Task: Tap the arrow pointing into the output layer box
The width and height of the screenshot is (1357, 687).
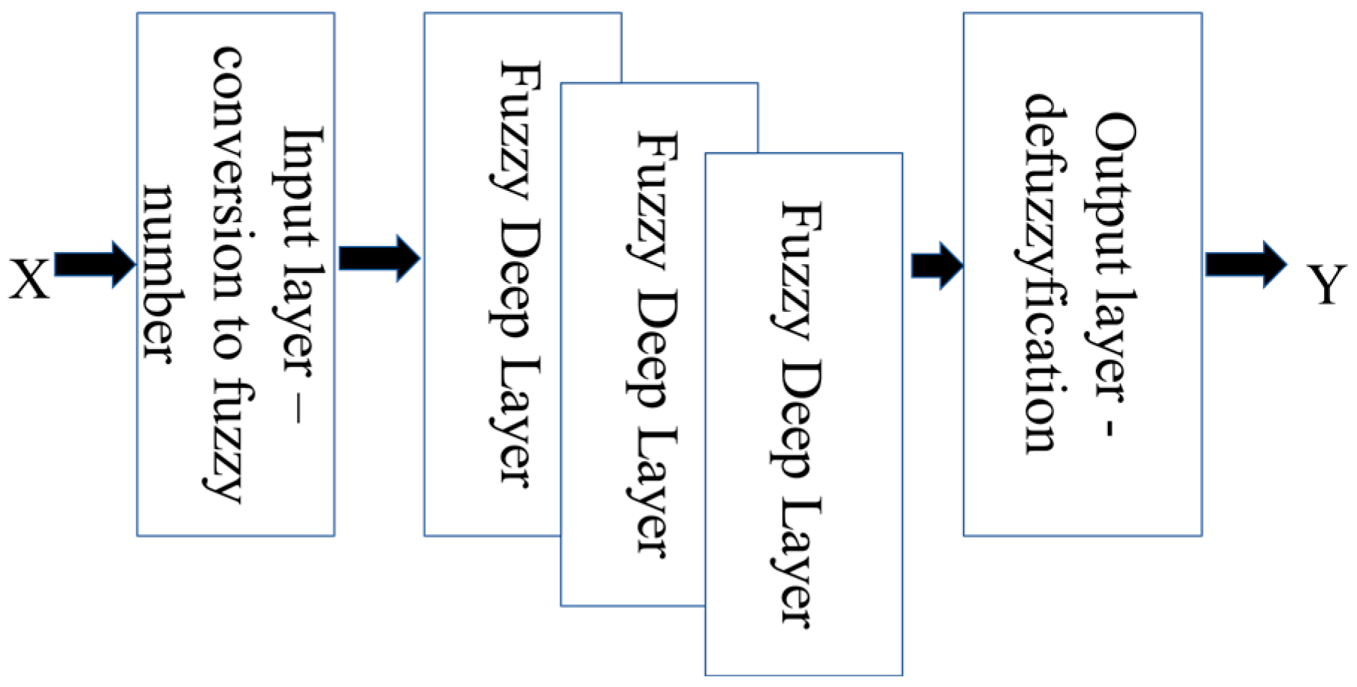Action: (x=936, y=265)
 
